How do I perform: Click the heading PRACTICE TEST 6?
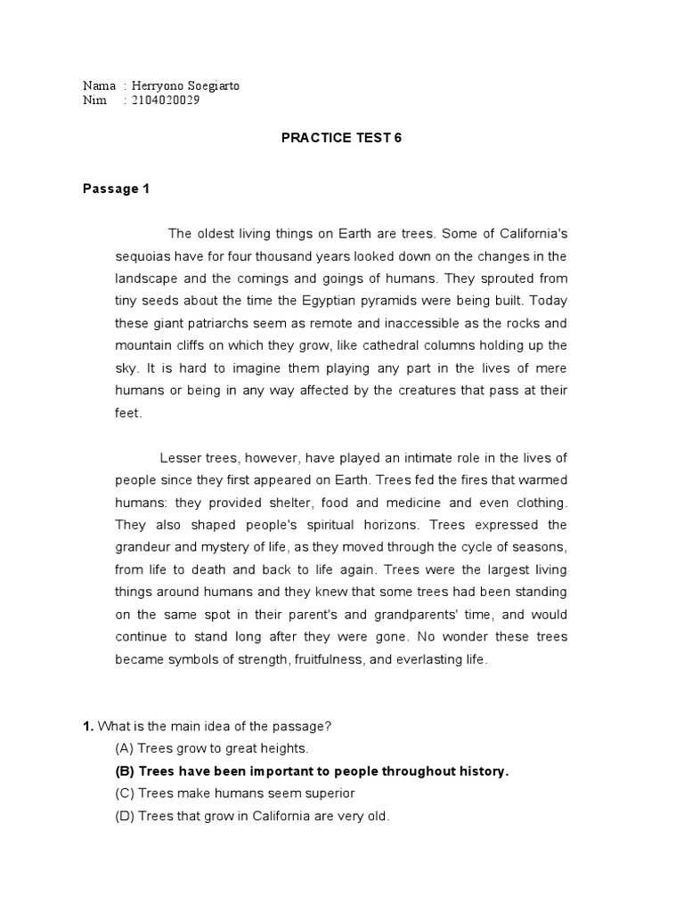tap(341, 138)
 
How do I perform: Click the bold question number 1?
tap(87, 726)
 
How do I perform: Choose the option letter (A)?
tap(124, 748)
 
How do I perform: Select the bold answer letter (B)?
tap(125, 771)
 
